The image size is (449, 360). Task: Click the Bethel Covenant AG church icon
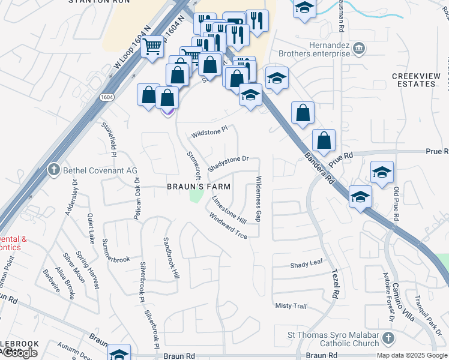55,170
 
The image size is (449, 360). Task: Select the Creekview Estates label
414,80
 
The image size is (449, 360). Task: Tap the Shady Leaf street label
306,265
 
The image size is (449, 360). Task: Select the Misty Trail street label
291,306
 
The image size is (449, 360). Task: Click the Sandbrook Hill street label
172,258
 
